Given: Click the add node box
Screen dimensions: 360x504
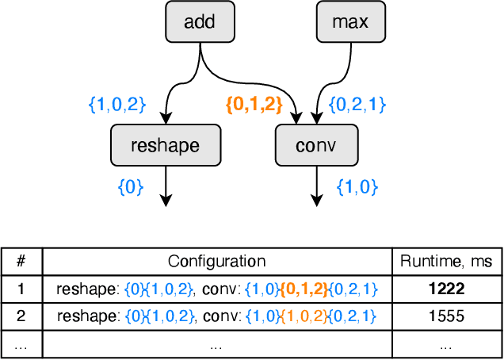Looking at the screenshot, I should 199,22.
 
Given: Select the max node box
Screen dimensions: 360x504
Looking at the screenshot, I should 349,22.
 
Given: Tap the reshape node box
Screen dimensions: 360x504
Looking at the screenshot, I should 166,147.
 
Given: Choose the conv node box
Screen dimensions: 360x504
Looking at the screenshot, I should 316,147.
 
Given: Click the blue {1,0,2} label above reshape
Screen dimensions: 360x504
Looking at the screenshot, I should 117,104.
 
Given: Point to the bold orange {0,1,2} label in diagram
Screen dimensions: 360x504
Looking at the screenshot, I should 254,104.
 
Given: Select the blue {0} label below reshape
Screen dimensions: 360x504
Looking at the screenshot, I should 130,188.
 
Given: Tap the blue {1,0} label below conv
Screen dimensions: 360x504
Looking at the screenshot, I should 357,188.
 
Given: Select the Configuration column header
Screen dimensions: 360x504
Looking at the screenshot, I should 216,261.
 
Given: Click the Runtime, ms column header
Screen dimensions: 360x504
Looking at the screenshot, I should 446,261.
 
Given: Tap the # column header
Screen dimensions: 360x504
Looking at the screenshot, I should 21,261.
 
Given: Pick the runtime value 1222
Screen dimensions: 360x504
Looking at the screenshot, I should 446,289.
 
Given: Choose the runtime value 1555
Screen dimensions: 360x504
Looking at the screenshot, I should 446,316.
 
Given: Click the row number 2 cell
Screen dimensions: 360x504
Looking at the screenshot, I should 21,316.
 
